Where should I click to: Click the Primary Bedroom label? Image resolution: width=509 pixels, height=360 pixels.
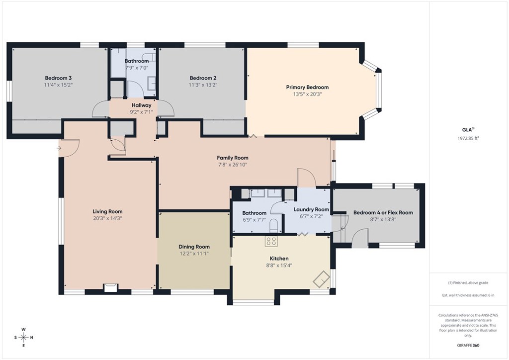tap(307, 87)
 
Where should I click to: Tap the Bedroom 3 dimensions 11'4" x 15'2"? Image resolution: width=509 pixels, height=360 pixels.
tap(58, 85)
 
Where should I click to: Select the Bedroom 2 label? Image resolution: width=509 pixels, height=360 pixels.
tap(203, 78)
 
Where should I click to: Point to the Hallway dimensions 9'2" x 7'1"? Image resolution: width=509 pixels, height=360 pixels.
tap(141, 112)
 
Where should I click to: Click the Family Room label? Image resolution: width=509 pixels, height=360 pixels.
tap(233, 158)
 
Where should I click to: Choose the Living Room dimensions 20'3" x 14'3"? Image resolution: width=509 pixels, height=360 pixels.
tap(107, 218)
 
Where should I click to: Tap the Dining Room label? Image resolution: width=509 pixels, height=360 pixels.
tap(194, 247)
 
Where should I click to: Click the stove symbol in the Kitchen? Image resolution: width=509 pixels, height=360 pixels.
tap(271, 241)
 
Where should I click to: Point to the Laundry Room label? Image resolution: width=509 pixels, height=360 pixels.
tap(311, 209)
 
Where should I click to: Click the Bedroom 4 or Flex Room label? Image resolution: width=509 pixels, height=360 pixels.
tap(383, 212)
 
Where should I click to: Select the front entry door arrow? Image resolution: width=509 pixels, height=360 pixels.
tap(60, 148)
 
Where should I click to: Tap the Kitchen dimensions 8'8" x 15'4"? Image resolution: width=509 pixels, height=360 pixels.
tap(279, 266)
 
